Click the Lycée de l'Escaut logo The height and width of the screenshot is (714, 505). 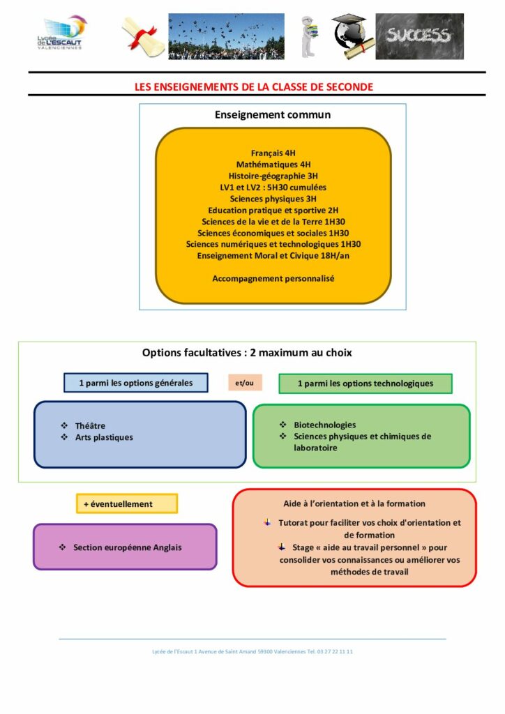(x=62, y=33)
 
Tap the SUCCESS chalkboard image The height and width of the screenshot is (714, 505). (x=419, y=36)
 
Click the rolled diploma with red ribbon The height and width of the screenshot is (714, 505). (x=143, y=37)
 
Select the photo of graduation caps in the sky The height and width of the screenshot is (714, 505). (x=226, y=36)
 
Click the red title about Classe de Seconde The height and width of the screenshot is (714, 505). (x=254, y=87)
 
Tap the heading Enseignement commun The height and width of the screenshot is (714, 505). (x=273, y=115)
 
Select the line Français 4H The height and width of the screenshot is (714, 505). (x=273, y=153)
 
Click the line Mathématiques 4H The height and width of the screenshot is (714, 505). (x=273, y=165)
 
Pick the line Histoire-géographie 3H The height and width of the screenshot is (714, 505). (x=273, y=176)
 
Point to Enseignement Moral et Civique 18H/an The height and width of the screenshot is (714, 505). (x=273, y=255)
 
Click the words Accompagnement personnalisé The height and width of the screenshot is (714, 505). (x=273, y=278)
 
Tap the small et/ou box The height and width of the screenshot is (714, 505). (x=245, y=383)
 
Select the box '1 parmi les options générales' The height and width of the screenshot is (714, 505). (x=136, y=383)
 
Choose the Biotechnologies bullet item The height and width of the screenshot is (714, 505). (x=318, y=425)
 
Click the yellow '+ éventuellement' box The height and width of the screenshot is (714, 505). (x=127, y=503)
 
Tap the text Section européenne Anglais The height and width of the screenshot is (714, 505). (x=128, y=547)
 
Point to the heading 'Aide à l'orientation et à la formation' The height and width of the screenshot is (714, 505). (x=354, y=503)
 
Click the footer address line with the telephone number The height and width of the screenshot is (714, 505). (x=252, y=652)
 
